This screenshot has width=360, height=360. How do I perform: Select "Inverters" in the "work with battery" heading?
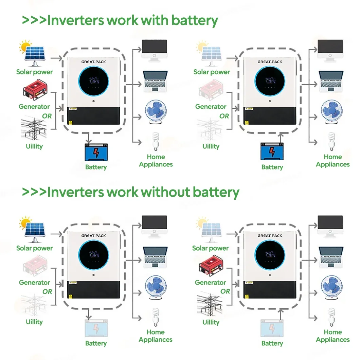[x=76, y=20]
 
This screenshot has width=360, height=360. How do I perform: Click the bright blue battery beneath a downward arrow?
[x=96, y=152]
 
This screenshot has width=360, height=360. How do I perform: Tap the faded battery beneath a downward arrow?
[x=96, y=328]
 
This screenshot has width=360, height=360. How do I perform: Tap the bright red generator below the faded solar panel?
[x=211, y=267]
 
